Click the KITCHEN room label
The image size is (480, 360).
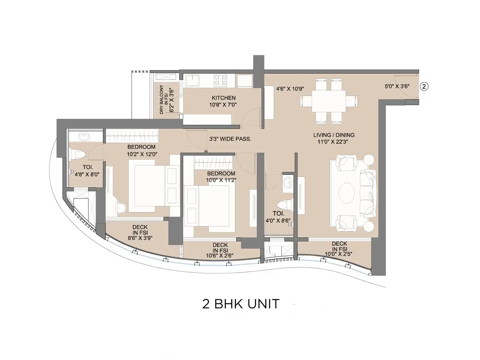tap(223, 98)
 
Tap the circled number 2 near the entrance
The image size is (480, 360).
tap(424, 86)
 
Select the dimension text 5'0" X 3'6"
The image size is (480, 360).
tap(397, 86)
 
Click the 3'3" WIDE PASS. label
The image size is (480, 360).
tap(230, 139)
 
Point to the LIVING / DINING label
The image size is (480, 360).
tap(334, 135)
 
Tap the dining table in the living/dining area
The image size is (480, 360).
tap(329, 101)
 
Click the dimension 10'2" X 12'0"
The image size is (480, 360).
tap(142, 154)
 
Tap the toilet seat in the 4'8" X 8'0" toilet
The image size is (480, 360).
tap(77, 154)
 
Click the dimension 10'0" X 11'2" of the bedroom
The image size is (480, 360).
tap(221, 180)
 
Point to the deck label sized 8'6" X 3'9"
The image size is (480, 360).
tap(140, 232)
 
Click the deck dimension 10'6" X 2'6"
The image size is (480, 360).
tap(220, 256)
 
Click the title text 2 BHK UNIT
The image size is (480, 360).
tap(241, 304)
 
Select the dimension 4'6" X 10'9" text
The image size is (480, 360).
tap(290, 89)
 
